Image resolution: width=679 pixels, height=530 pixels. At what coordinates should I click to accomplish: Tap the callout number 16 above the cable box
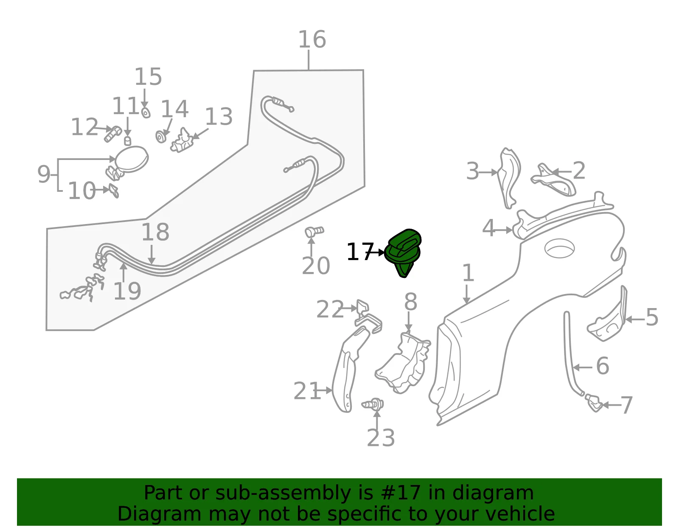click(312, 39)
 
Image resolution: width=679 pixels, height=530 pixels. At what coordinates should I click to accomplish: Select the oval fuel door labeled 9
click(132, 159)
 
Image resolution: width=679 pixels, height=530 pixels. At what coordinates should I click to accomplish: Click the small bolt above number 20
click(314, 232)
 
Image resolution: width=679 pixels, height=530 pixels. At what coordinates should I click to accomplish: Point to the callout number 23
click(381, 438)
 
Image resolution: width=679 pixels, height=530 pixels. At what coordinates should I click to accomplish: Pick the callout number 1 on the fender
click(468, 273)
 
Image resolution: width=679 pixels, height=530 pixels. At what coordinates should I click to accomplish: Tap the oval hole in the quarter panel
click(559, 248)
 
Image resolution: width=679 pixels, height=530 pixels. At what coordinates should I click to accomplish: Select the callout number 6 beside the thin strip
click(603, 366)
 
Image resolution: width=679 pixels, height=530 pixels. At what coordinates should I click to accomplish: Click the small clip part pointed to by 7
click(593, 403)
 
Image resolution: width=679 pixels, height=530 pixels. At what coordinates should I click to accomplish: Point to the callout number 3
click(472, 171)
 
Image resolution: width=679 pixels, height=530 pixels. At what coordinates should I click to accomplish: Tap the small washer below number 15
click(146, 112)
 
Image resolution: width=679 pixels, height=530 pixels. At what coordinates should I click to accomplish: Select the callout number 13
click(219, 117)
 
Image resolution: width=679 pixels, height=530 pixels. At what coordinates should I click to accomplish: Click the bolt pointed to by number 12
click(112, 134)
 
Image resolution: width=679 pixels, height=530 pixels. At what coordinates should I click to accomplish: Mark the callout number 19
click(127, 291)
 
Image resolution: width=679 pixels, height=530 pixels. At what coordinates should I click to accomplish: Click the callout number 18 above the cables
click(155, 232)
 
